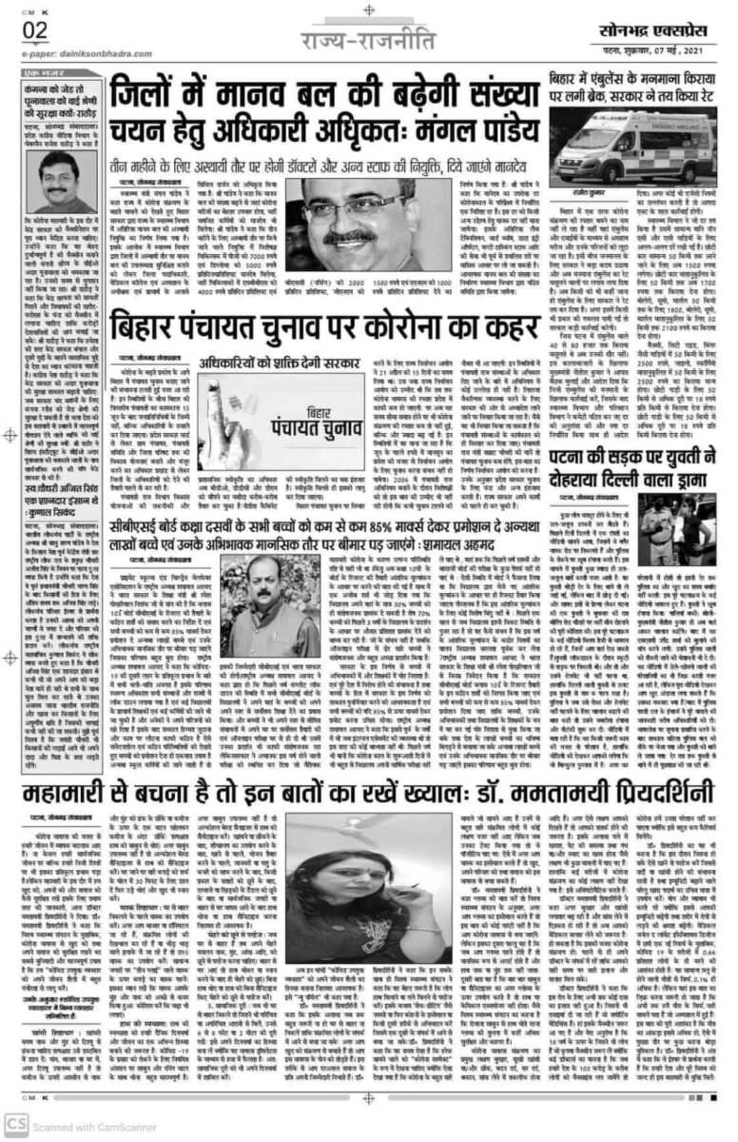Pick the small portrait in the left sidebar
(x=57, y=181)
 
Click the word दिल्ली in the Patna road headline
(x=600, y=471)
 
